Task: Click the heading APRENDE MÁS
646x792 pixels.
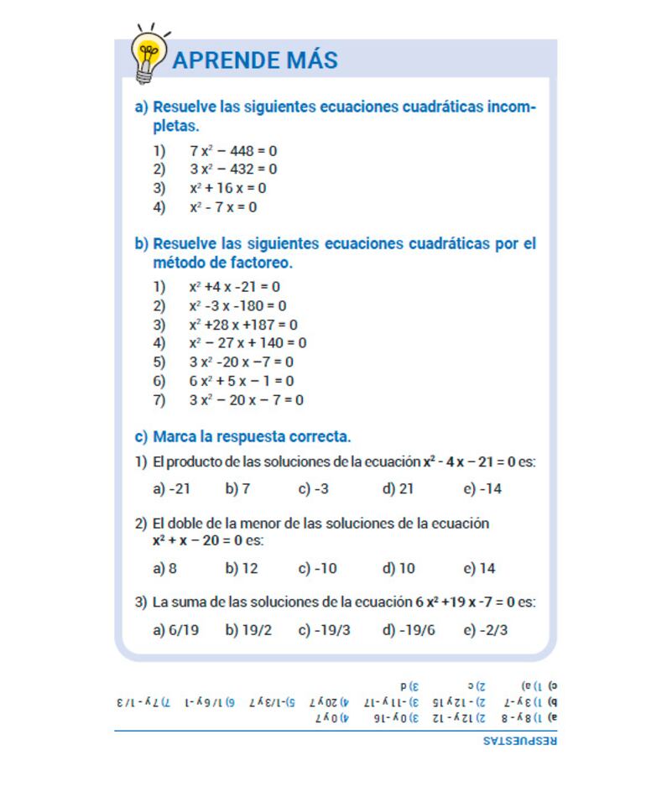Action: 254,60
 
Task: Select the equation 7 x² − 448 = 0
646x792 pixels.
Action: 232,151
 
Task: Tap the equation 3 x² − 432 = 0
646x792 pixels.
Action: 232,169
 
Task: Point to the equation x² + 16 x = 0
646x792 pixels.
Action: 227,188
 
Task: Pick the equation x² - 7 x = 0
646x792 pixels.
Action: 222,207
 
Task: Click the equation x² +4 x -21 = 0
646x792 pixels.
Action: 234,287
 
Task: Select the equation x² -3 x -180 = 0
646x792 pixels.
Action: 237,306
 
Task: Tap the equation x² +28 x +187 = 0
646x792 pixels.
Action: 243,325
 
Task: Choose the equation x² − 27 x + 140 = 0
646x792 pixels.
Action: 247,343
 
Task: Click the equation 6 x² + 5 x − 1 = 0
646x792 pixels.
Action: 241,381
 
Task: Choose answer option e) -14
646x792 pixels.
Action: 482,489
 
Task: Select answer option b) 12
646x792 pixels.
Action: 242,569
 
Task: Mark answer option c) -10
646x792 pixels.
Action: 317,569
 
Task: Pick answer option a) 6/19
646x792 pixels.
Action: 175,630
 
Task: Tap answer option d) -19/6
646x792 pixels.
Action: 409,630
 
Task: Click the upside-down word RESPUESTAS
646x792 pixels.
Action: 520,741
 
